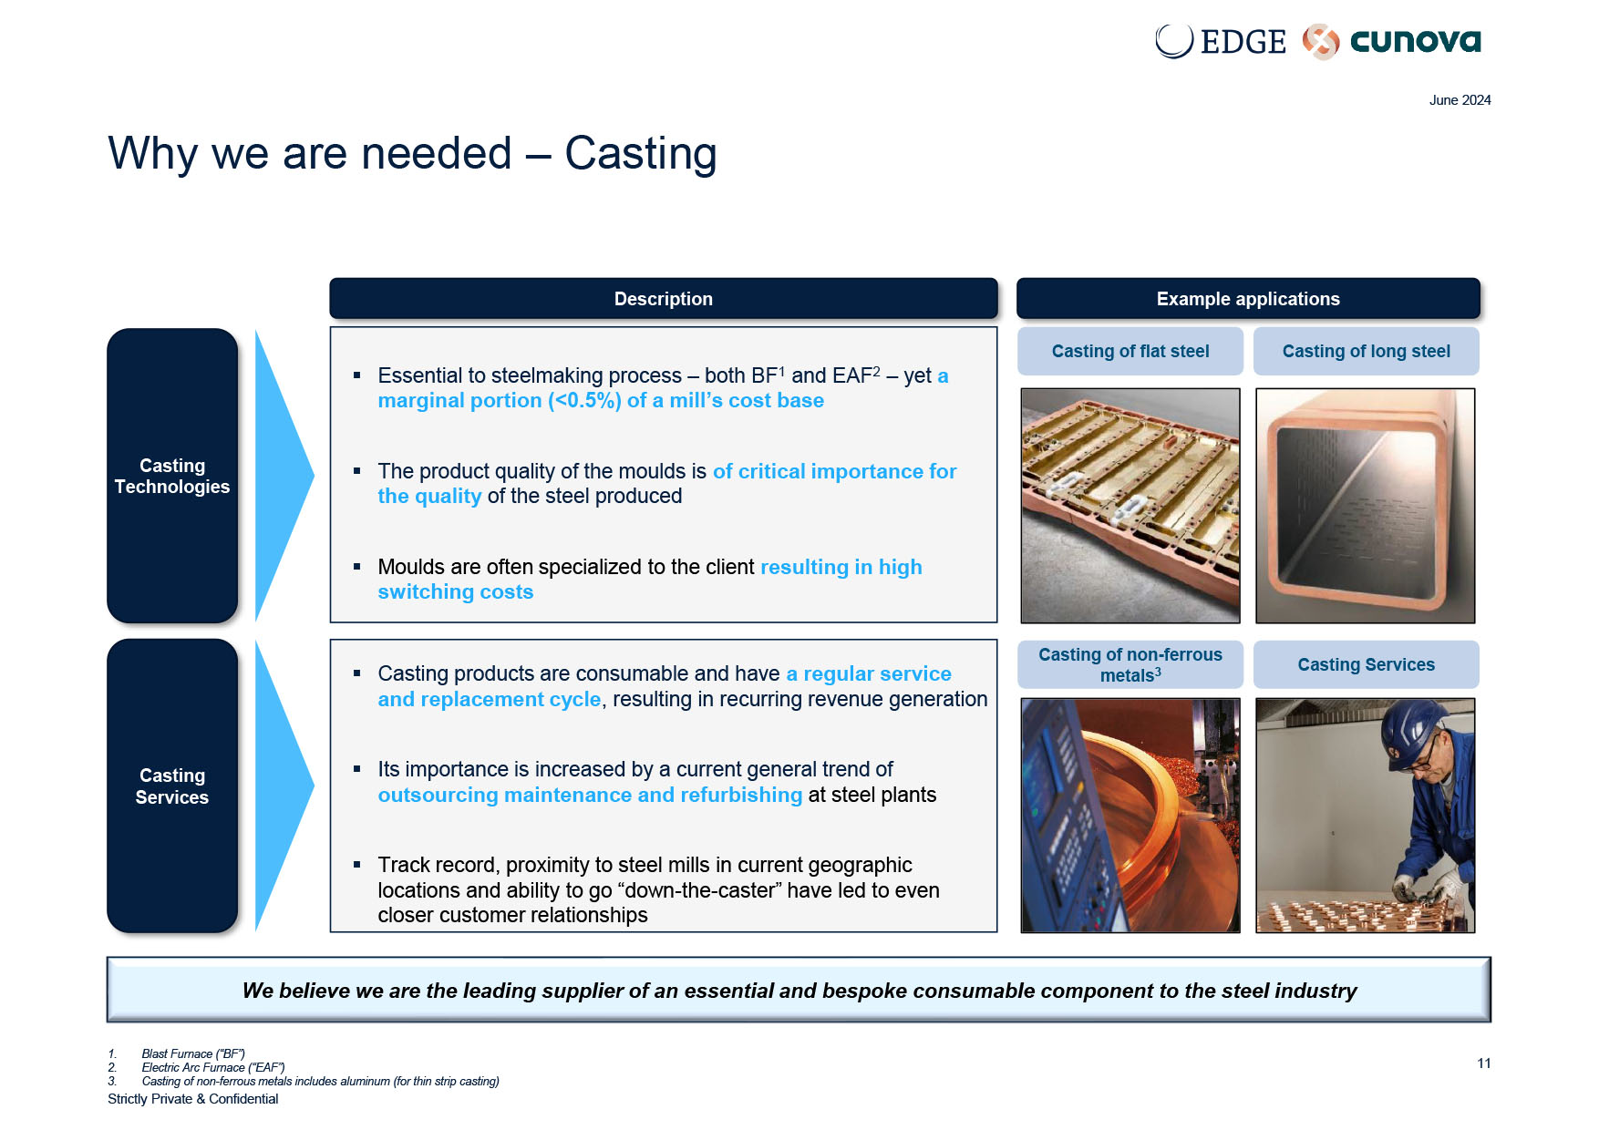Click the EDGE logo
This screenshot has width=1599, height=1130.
tap(1220, 41)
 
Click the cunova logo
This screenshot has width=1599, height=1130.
tap(1392, 41)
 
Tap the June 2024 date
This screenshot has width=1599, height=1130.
tap(1460, 100)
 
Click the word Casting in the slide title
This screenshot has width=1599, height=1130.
tap(641, 154)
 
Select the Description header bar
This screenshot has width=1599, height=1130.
tap(664, 299)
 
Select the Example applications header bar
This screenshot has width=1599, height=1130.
tap(1248, 299)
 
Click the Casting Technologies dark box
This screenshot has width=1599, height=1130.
tap(172, 476)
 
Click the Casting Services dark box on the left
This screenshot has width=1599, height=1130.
tap(172, 786)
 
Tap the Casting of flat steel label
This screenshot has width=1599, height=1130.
tap(1130, 352)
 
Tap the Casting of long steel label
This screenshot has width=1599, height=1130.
tap(1366, 352)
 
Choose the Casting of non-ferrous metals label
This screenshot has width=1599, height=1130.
tap(1130, 665)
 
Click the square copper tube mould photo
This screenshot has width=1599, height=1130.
tap(1365, 506)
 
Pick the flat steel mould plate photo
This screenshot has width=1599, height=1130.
tap(1130, 506)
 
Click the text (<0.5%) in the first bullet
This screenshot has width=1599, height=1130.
tap(584, 401)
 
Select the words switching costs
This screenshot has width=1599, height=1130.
tap(456, 592)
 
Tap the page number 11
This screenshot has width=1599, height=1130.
tap(1484, 1063)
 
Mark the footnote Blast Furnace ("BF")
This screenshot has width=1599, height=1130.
tap(193, 1053)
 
